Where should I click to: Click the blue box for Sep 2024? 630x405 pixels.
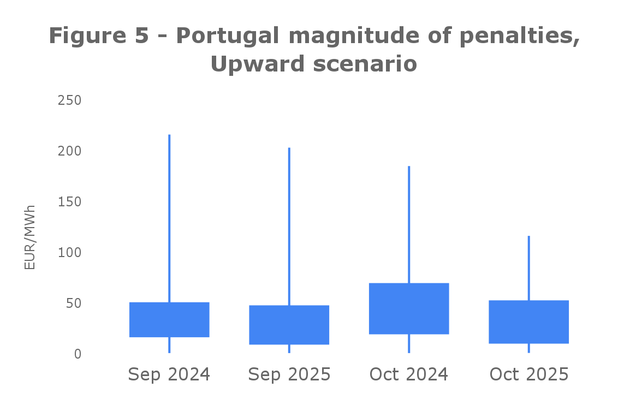pyautogui.click(x=169, y=319)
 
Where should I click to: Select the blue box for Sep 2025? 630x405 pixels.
pyautogui.click(x=289, y=325)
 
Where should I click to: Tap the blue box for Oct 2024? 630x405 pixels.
pyautogui.click(x=409, y=308)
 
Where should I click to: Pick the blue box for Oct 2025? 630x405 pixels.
pyautogui.click(x=528, y=322)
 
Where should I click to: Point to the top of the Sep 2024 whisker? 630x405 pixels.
pyautogui.click(x=169, y=135)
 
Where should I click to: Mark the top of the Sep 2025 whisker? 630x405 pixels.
pyautogui.click(x=289, y=148)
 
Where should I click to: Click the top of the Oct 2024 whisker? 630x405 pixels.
pyautogui.click(x=409, y=166)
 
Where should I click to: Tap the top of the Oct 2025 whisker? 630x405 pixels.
pyautogui.click(x=528, y=236)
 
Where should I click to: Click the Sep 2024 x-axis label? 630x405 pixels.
pyautogui.click(x=169, y=375)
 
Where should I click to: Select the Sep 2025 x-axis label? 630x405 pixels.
pyautogui.click(x=289, y=375)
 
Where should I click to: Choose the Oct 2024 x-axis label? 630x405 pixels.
pyautogui.click(x=409, y=375)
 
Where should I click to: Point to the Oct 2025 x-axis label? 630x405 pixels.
pyautogui.click(x=528, y=375)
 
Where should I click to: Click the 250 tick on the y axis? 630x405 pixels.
pyautogui.click(x=69, y=100)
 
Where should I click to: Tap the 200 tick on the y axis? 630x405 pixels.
pyautogui.click(x=69, y=151)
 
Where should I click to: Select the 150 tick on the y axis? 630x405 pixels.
pyautogui.click(x=69, y=202)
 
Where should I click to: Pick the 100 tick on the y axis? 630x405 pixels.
pyautogui.click(x=69, y=253)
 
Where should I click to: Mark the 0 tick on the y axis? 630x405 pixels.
pyautogui.click(x=78, y=354)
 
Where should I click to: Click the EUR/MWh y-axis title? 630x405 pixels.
pyautogui.click(x=30, y=237)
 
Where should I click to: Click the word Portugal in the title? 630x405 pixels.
pyautogui.click(x=228, y=36)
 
